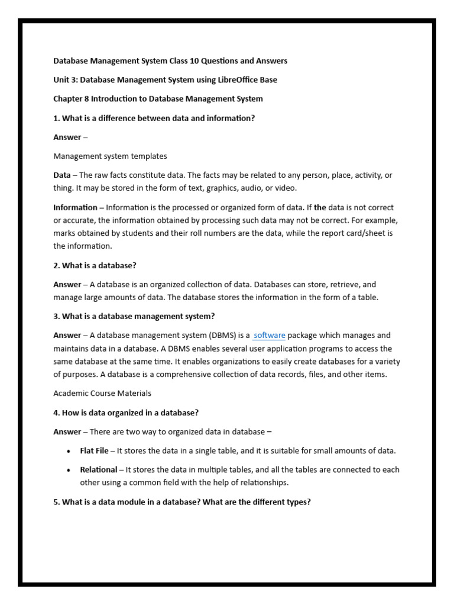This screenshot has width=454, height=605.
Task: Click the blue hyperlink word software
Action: (269, 336)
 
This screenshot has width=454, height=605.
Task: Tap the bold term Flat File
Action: (95, 451)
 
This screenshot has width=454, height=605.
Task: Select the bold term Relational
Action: (99, 470)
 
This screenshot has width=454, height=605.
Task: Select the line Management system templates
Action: (110, 157)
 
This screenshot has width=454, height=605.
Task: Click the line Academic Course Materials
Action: (102, 393)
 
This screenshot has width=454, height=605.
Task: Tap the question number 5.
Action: (56, 502)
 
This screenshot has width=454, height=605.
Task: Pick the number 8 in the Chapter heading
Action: (87, 99)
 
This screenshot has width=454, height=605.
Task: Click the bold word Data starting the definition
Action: (62, 175)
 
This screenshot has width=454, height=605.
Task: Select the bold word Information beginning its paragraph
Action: (75, 208)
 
